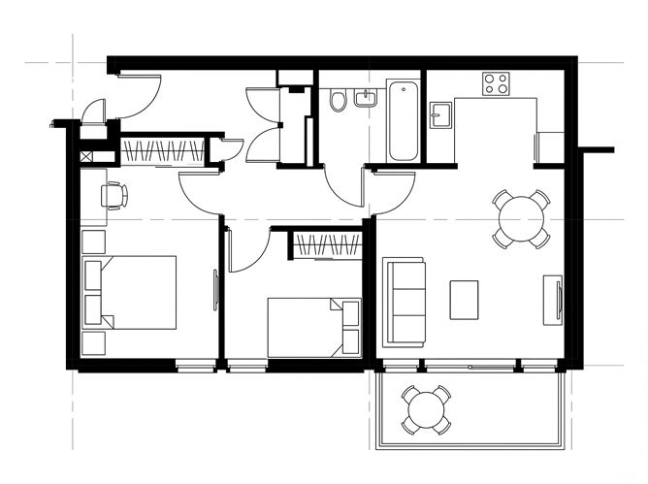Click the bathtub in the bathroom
click(403, 121)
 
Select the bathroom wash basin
click(368, 98)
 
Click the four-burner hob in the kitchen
click(497, 84)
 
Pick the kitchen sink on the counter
click(441, 116)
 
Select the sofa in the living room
click(405, 302)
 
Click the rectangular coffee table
click(464, 300)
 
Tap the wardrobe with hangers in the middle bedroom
click(327, 245)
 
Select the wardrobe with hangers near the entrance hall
click(163, 152)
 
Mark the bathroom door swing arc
click(344, 184)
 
